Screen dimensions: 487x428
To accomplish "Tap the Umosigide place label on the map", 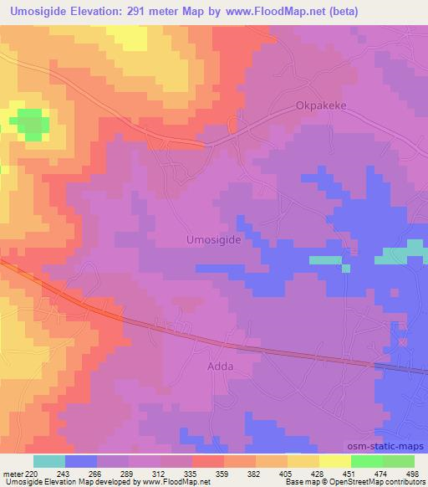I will tap(212, 239).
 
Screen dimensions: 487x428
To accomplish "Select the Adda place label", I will tap(220, 367).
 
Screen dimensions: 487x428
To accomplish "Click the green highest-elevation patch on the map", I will tap(30, 123).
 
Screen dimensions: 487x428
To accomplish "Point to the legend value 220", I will tap(31, 473).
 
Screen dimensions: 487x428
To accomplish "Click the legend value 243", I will tap(64, 473).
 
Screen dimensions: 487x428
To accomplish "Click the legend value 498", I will tap(413, 473).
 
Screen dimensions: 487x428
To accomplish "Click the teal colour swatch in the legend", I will tap(49, 461).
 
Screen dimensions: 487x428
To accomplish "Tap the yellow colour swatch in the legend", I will tap(335, 461).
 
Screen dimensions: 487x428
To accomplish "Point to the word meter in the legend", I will tap(13, 473).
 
